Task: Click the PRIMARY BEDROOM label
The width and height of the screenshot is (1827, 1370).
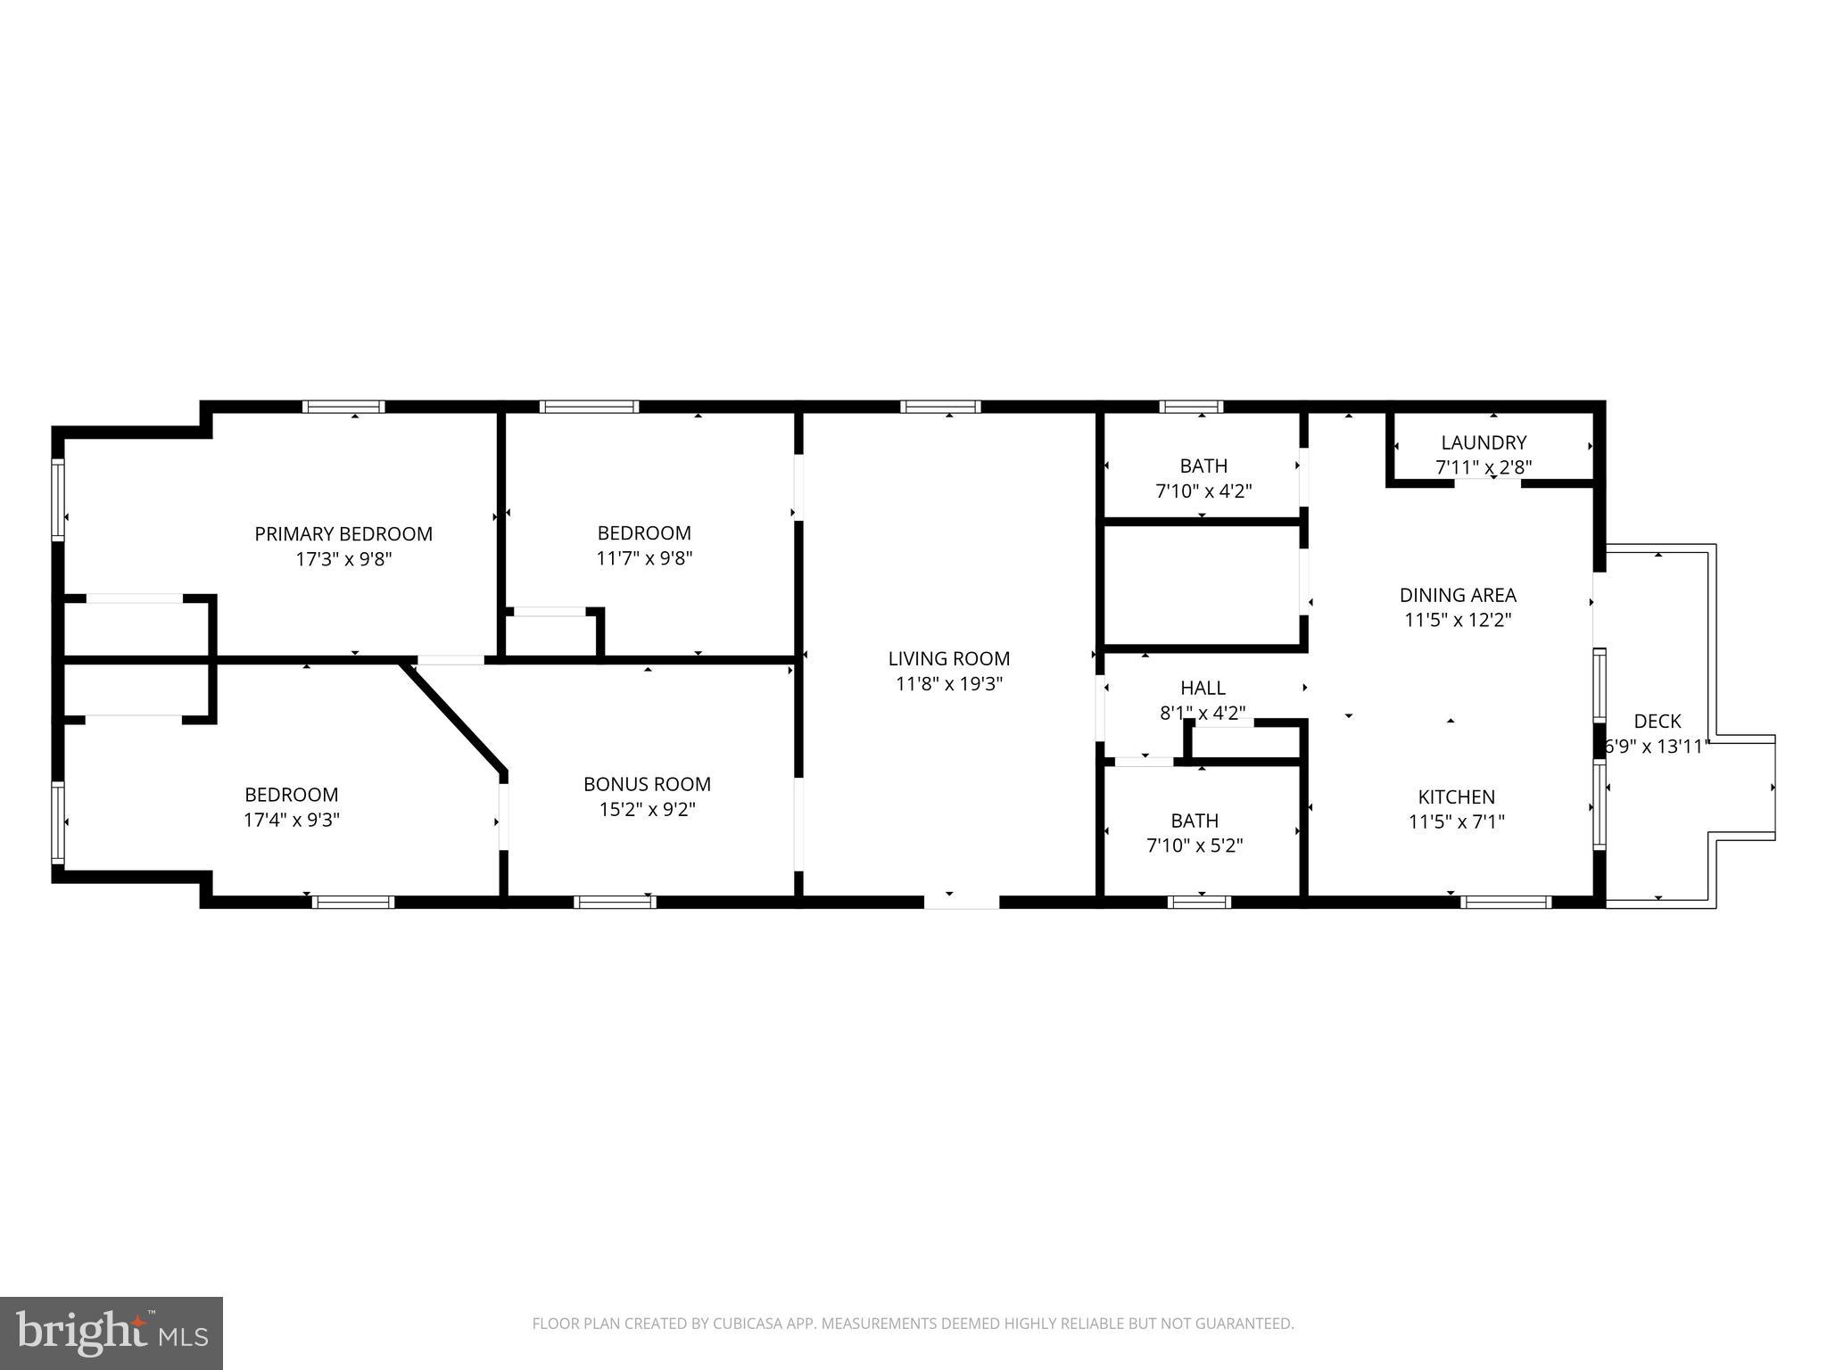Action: click(343, 534)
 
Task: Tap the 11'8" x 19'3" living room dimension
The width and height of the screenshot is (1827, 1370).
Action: click(949, 684)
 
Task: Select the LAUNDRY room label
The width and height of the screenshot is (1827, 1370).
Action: click(1484, 442)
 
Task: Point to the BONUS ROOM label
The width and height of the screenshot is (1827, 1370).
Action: click(647, 784)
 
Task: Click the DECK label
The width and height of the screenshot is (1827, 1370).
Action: click(1658, 721)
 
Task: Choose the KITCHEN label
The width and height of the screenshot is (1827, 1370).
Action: click(1456, 796)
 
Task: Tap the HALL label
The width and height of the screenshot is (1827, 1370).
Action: click(1203, 688)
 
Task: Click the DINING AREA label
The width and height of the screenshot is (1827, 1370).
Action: click(1458, 595)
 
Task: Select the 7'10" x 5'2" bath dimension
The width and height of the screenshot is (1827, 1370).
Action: click(1195, 845)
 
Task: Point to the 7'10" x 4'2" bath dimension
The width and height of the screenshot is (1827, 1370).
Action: click(1203, 491)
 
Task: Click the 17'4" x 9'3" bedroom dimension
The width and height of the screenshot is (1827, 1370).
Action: click(292, 820)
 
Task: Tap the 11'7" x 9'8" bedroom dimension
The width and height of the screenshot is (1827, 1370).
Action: click(644, 558)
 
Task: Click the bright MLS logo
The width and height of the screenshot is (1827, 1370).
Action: click(112, 1333)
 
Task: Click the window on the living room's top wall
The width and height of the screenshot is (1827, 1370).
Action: click(940, 407)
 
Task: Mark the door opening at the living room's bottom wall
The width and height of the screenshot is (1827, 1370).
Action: click(961, 902)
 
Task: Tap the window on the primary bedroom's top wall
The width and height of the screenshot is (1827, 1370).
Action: click(343, 407)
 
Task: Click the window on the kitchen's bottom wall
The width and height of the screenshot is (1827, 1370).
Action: click(1505, 902)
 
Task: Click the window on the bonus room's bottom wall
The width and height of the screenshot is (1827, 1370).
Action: click(615, 902)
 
